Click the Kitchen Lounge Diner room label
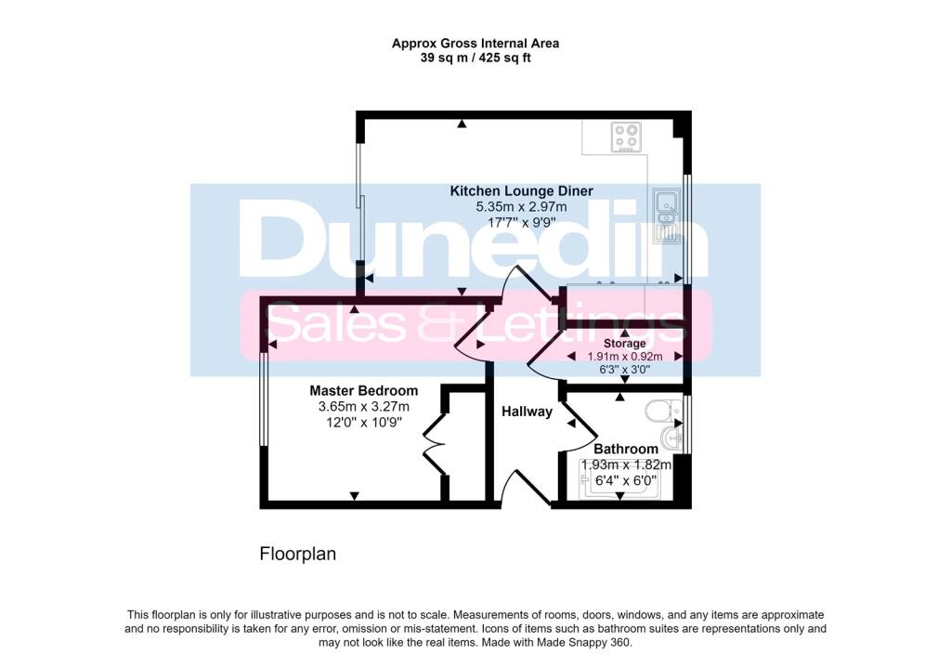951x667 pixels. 521,190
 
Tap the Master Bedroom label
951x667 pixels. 363,391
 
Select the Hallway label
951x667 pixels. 527,412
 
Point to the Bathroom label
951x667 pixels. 626,449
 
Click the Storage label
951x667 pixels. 624,344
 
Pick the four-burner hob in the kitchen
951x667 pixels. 626,137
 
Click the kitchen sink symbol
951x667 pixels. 666,215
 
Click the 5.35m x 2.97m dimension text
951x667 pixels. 521,206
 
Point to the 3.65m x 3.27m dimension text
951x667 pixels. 363,407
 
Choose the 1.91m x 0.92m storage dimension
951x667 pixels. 624,356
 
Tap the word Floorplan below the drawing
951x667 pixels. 297,555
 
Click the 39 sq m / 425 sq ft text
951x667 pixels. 475,58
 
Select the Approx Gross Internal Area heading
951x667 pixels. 475,43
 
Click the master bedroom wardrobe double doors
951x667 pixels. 434,449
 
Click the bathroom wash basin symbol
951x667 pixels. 671,438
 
